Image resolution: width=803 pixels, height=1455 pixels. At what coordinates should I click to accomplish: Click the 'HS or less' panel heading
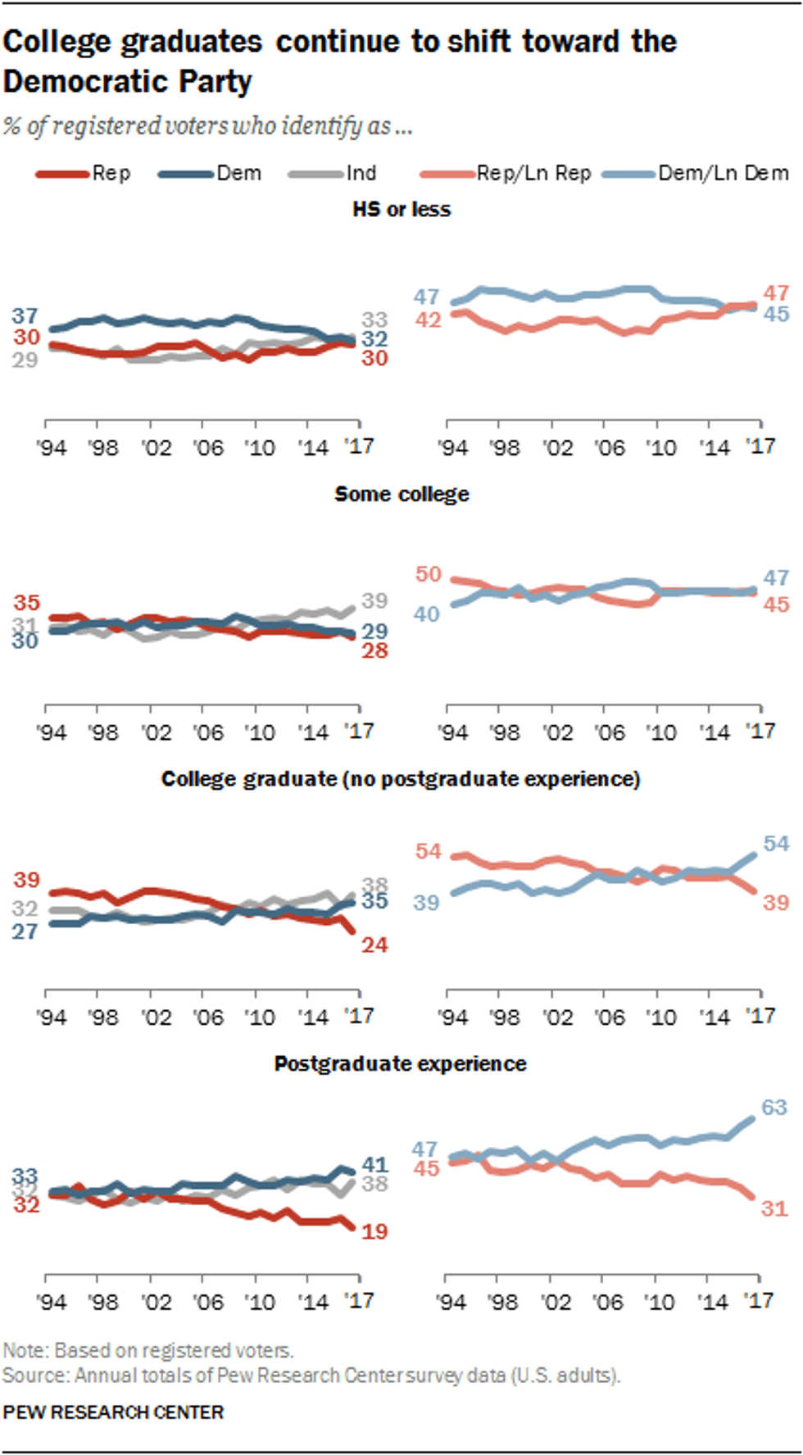(x=401, y=210)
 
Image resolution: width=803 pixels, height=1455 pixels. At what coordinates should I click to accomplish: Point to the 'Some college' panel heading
(x=401, y=494)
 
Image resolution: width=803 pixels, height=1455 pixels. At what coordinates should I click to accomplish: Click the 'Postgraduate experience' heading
(x=400, y=1063)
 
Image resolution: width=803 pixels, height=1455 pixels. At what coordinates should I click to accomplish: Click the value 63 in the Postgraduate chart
(x=774, y=1108)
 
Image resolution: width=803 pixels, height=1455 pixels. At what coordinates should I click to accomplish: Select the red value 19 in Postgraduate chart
(x=374, y=1231)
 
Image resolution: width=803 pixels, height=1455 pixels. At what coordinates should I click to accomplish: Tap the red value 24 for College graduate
(x=374, y=945)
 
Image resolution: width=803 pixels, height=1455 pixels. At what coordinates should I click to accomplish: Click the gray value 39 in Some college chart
(x=374, y=601)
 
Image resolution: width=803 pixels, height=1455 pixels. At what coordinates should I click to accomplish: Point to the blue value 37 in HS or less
(x=25, y=315)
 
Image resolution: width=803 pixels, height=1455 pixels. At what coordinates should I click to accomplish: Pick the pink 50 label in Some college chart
(x=428, y=574)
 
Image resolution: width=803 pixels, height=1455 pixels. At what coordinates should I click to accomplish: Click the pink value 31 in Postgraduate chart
(x=774, y=1208)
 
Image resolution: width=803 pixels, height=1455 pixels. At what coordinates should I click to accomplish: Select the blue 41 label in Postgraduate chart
(x=374, y=1164)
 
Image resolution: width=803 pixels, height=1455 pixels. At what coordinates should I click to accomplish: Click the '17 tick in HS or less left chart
(x=359, y=446)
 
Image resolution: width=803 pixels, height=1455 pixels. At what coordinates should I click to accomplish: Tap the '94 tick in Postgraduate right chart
(x=451, y=1303)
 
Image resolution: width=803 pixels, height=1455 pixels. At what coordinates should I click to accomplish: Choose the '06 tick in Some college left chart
(x=207, y=732)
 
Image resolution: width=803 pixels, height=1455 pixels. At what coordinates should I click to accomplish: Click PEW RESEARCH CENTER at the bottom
(x=113, y=1412)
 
